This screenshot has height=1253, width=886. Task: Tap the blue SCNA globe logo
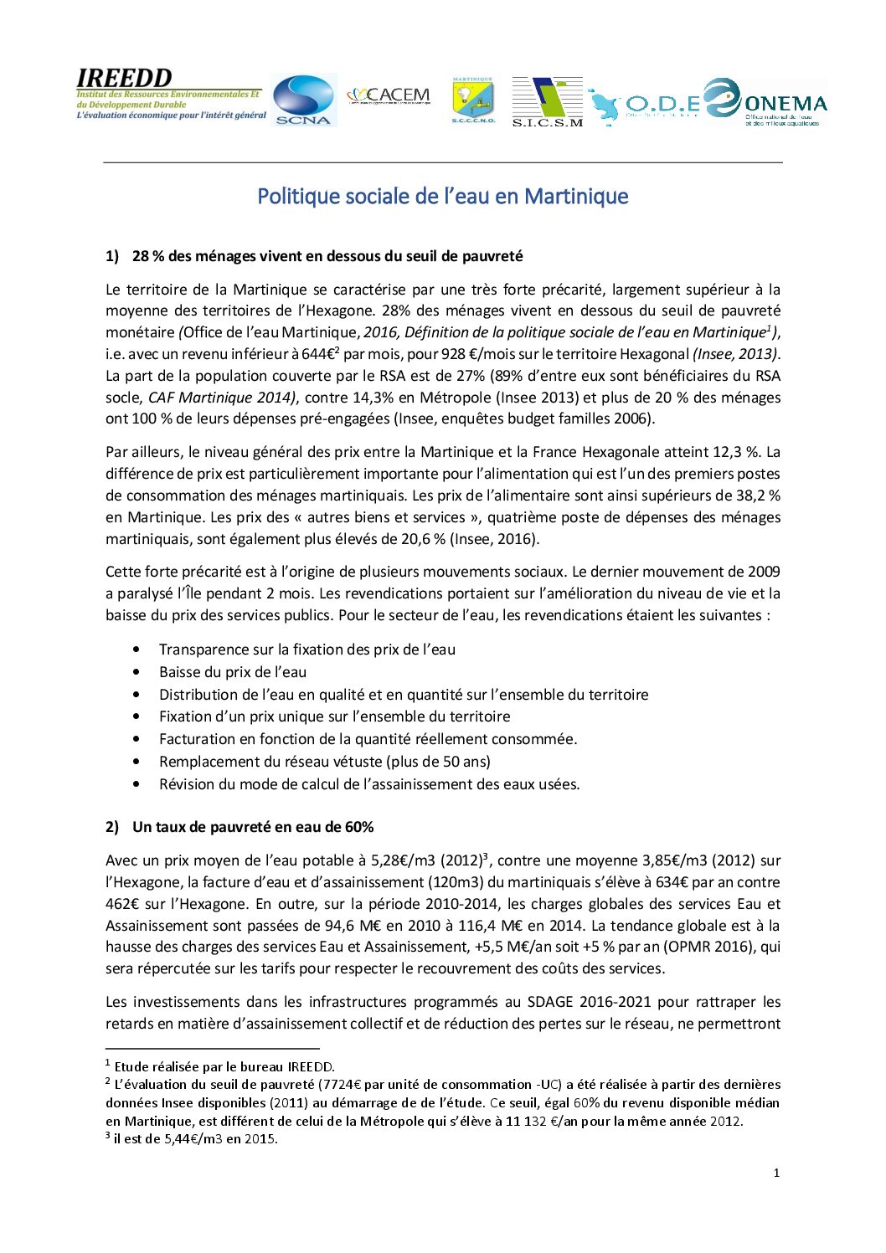[x=303, y=100]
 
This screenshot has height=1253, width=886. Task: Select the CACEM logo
[x=389, y=95]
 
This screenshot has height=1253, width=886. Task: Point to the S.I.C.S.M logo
[x=547, y=101]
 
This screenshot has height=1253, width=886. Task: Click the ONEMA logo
[x=765, y=102]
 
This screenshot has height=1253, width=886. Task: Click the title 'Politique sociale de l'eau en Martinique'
[x=442, y=196]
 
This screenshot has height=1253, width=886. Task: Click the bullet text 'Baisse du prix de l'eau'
[x=233, y=672]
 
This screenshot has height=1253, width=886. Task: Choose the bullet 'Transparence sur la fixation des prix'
[x=307, y=650]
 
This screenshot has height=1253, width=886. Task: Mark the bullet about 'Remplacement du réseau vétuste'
[x=325, y=762]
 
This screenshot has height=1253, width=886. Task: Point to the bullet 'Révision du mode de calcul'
[x=369, y=784]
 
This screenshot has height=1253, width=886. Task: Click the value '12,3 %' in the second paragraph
[x=736, y=452]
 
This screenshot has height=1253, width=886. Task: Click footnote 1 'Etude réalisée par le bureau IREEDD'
[x=224, y=1066]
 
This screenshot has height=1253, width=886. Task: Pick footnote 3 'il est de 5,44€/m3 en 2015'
[x=196, y=1138]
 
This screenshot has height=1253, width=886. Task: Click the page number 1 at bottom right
[x=776, y=1173]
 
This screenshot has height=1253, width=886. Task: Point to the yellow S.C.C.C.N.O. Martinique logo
[x=473, y=101]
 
